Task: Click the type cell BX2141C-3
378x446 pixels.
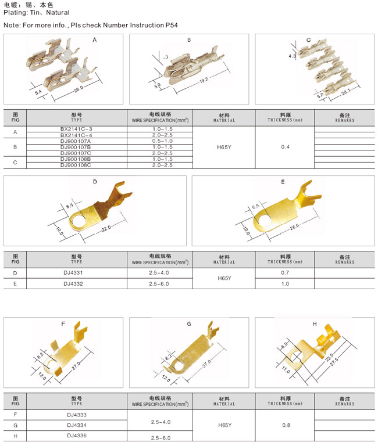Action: pyautogui.click(x=76, y=129)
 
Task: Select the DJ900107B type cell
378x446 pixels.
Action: pyautogui.click(x=76, y=147)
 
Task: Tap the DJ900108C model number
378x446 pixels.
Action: pyautogui.click(x=76, y=166)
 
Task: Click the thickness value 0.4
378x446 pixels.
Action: pyautogui.click(x=285, y=147)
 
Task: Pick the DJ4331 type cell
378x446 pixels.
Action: pyautogui.click(x=73, y=273)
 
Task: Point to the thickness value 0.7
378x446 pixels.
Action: pyautogui.click(x=285, y=273)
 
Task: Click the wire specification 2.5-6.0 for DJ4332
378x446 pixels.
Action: pyautogui.click(x=159, y=284)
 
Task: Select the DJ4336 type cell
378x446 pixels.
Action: pyautogui.click(x=77, y=436)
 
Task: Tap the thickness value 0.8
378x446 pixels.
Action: pyautogui.click(x=286, y=425)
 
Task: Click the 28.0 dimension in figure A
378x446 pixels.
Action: pyautogui.click(x=79, y=89)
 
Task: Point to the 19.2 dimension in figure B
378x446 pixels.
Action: pyautogui.click(x=204, y=81)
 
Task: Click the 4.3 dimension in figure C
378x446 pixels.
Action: pyautogui.click(x=292, y=56)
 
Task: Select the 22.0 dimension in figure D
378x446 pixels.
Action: pyautogui.click(x=106, y=228)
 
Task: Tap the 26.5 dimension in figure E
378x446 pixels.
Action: pyautogui.click(x=294, y=226)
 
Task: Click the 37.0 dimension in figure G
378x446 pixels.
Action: pyautogui.click(x=207, y=364)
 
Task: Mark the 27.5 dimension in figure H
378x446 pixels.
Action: pyautogui.click(x=334, y=362)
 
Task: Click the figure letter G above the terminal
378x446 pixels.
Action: pyautogui.click(x=189, y=323)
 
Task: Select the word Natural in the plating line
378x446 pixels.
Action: pyautogui.click(x=58, y=13)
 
